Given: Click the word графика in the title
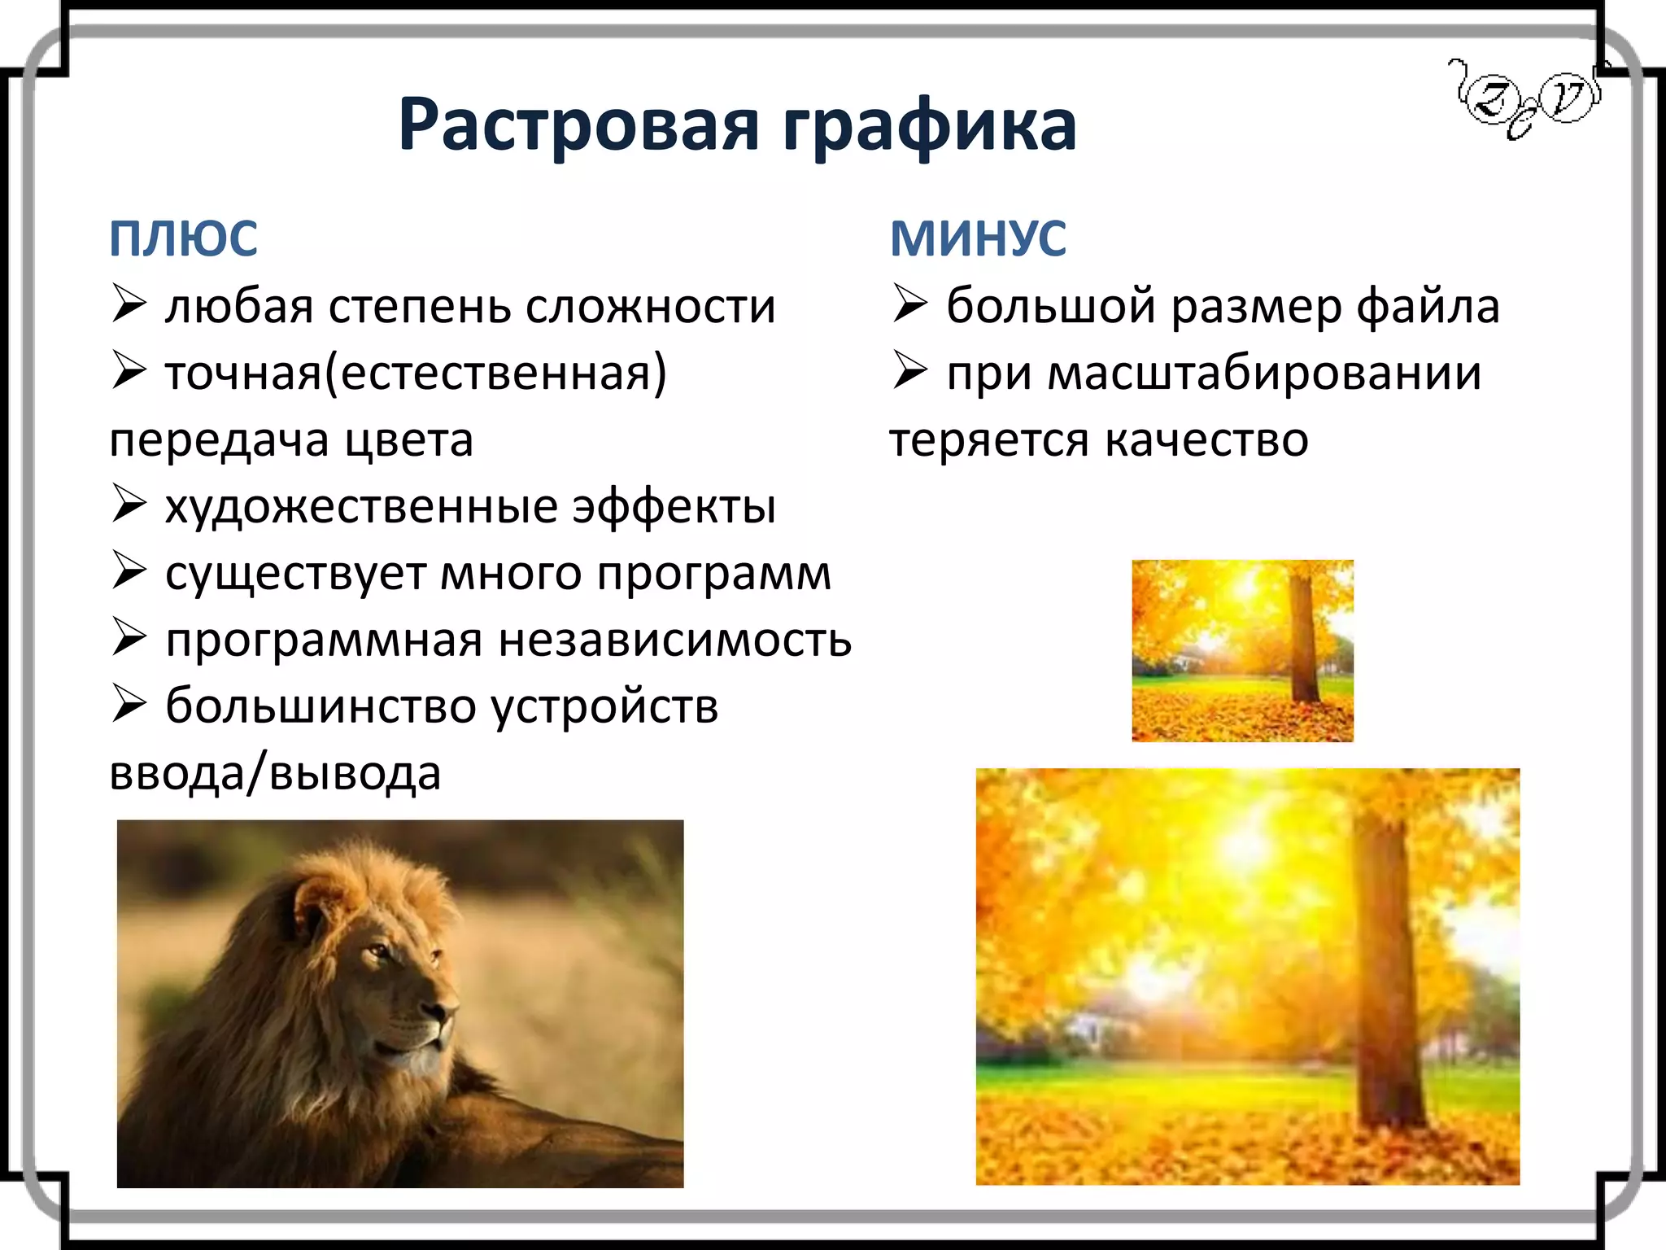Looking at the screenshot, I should point(929,126).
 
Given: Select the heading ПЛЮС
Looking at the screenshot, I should point(183,239).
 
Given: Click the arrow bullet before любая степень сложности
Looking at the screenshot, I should point(129,305).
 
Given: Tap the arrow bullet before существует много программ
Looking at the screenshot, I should point(129,571).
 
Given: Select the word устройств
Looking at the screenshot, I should point(604,706).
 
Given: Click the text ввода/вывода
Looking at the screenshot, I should point(275,773).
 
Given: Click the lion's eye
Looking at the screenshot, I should point(378,951).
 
